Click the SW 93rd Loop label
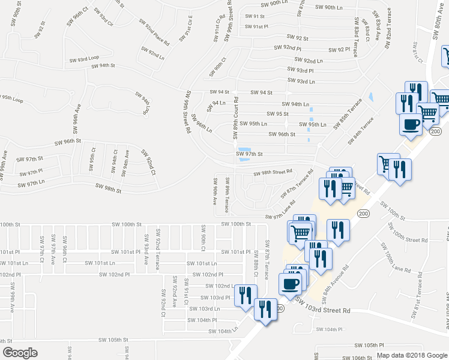[x=84, y=60]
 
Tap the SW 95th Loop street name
[x=12, y=97]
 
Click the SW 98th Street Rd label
[x=273, y=172]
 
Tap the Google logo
[x=20, y=353]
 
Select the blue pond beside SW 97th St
[x=244, y=154]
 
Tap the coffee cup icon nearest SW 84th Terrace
[x=411, y=125]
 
